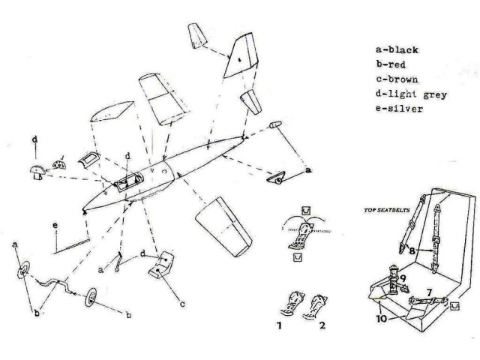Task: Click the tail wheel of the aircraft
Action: click(x=278, y=178)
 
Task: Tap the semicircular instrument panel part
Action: click(x=59, y=163)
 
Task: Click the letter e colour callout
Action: click(x=55, y=226)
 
